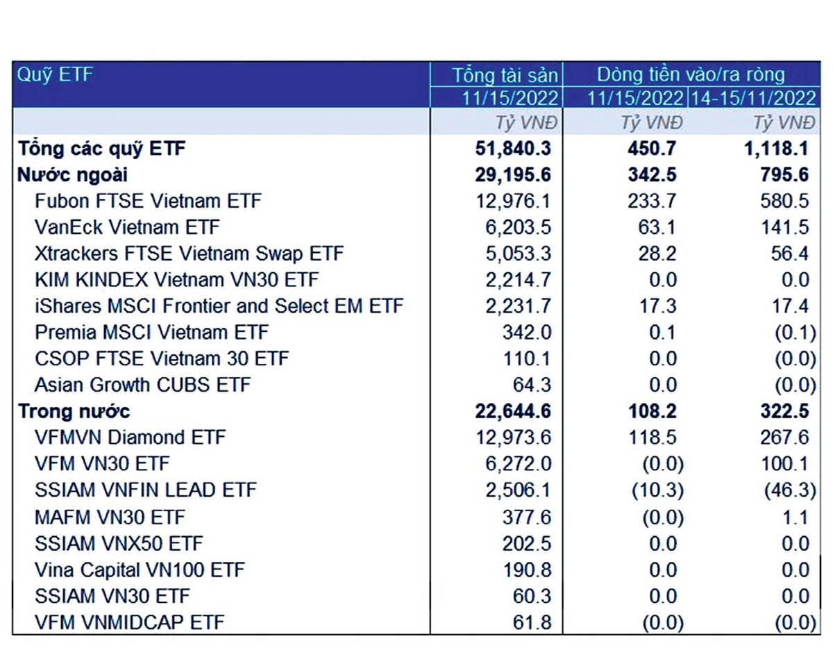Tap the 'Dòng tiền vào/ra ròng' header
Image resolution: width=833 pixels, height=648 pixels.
point(691,75)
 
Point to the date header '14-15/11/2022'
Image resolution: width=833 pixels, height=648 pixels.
point(752,97)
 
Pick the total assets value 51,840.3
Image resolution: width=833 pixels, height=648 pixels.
point(510,149)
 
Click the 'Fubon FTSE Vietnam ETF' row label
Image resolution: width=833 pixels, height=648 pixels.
point(148,201)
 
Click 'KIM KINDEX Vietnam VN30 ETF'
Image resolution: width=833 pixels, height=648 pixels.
point(176,280)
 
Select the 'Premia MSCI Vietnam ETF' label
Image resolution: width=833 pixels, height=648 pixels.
point(151,333)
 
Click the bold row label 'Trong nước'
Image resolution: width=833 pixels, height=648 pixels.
point(74,412)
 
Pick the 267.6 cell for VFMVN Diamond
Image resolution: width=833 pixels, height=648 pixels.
point(784,438)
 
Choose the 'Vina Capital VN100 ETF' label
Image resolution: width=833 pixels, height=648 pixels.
point(140,570)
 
